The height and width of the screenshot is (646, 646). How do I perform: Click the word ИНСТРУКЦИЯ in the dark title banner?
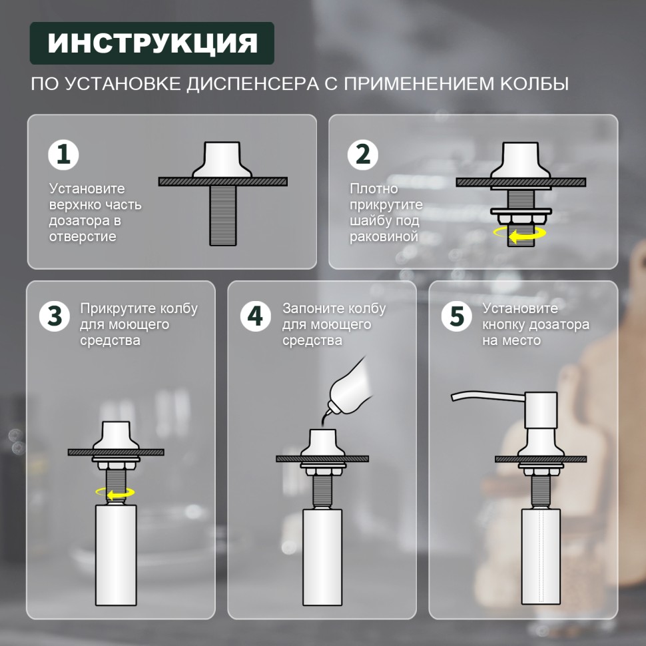pos(152,43)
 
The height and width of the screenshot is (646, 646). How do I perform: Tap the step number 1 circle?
pos(64,155)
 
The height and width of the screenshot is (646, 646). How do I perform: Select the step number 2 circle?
pos(363,155)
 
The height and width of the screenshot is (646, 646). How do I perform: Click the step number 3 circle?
pos(55,316)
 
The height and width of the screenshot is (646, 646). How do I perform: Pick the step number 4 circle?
pos(255,316)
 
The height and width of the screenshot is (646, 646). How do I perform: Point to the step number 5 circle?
pos(456,316)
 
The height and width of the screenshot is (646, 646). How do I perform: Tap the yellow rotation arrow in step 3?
pos(115,493)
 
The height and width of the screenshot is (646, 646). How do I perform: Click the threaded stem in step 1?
pos(223,215)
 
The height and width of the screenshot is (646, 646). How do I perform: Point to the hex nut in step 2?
pos(521,219)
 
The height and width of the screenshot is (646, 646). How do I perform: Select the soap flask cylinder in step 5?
pos(541,556)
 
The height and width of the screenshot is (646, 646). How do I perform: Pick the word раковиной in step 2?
pos(384,236)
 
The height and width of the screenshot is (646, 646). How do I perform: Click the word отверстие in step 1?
pos(83,236)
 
